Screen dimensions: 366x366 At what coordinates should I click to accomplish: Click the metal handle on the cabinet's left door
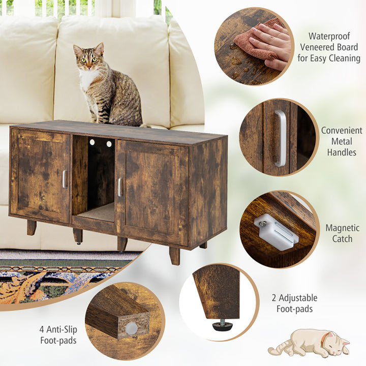[65, 179]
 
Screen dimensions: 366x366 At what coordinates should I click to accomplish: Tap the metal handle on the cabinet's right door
[120, 187]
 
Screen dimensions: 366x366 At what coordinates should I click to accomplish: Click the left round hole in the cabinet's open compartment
[92, 142]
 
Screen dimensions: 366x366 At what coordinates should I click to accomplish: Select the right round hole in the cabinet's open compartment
[109, 144]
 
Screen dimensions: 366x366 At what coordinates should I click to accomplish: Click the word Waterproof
[329, 36]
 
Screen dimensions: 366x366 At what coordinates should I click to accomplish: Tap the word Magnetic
[343, 228]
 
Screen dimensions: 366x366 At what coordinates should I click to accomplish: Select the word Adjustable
[298, 298]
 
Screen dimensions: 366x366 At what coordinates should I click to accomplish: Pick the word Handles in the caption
[342, 152]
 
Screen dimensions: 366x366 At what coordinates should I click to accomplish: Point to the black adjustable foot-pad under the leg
[223, 325]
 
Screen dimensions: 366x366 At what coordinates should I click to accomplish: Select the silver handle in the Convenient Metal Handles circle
[281, 138]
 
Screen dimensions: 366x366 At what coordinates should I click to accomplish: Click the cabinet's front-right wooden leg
[174, 256]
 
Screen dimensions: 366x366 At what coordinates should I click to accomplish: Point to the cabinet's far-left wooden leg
[32, 228]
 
